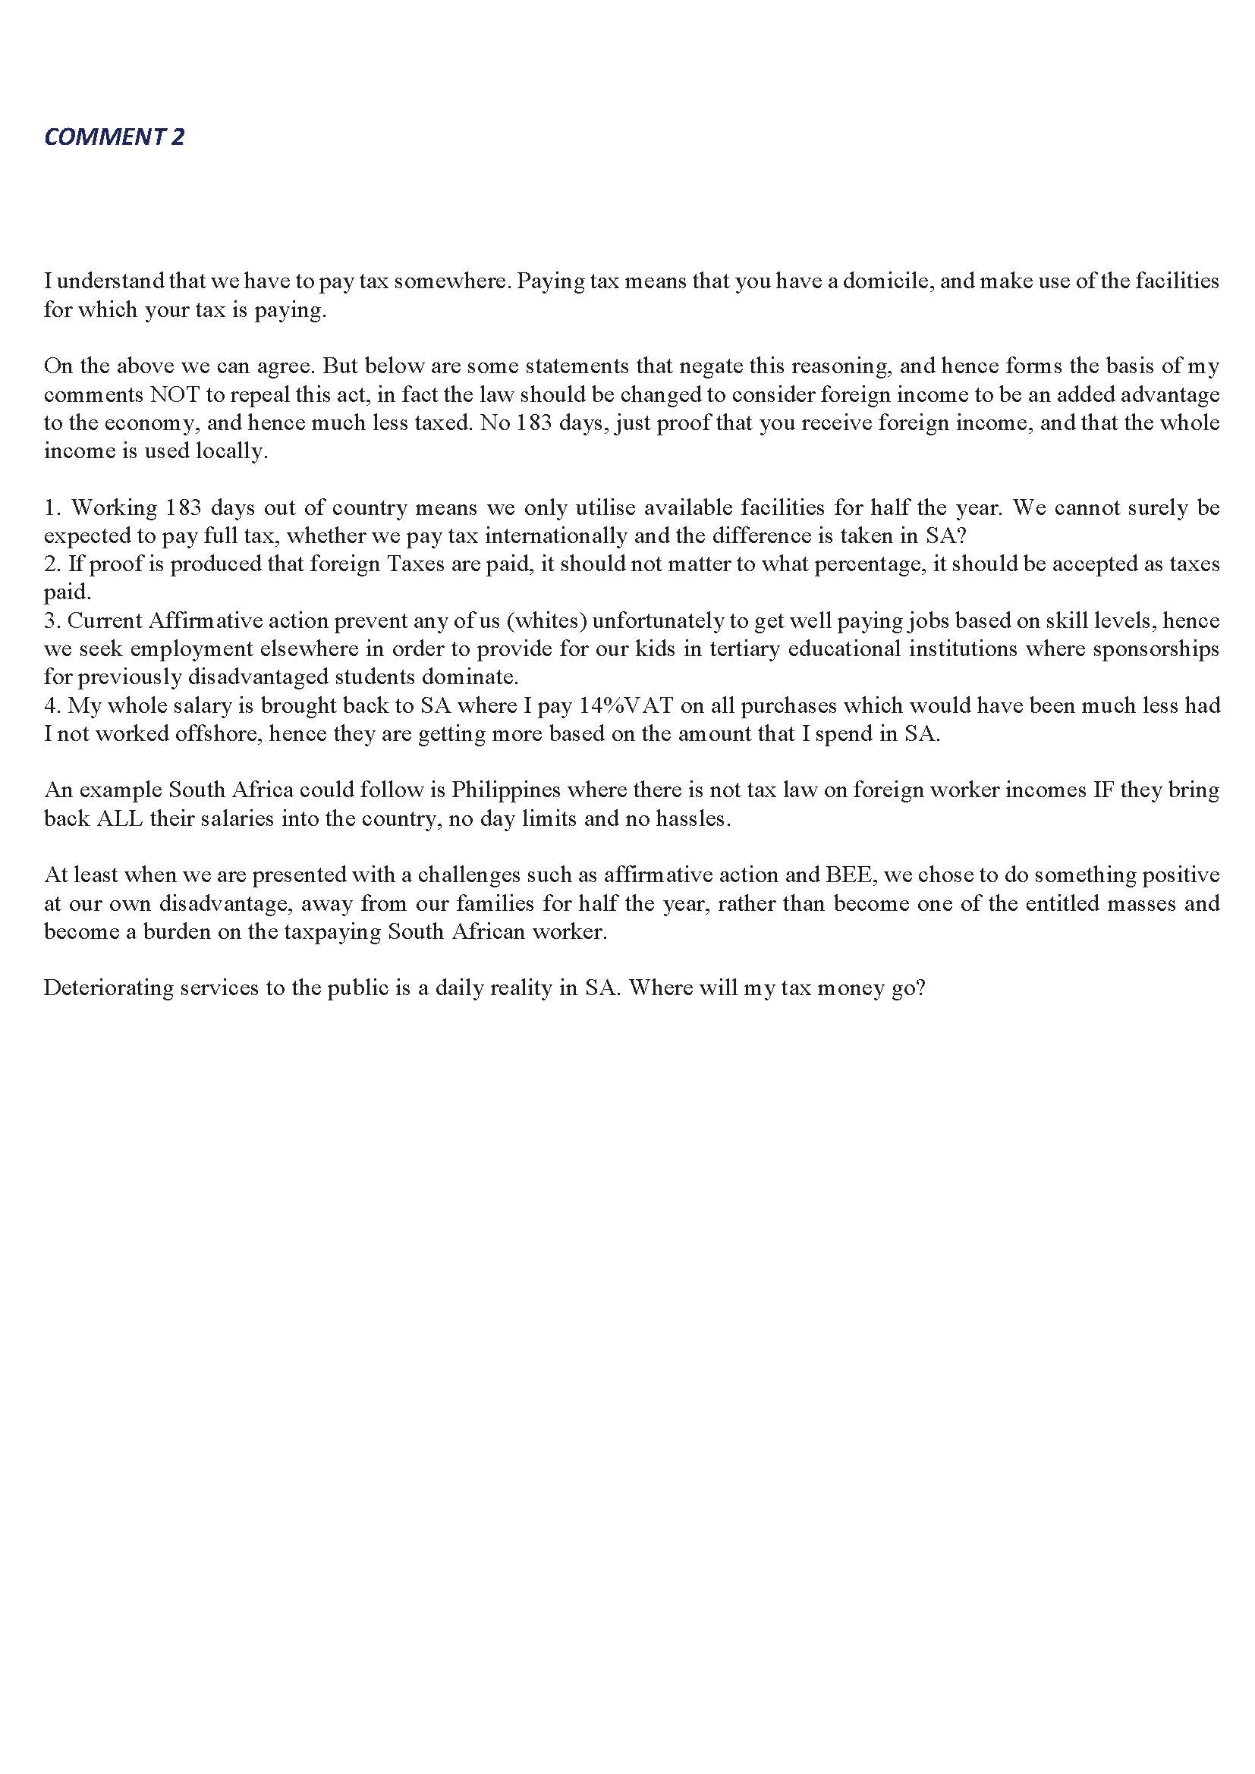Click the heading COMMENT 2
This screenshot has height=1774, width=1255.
point(115,137)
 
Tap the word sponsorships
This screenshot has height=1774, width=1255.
point(1156,648)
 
